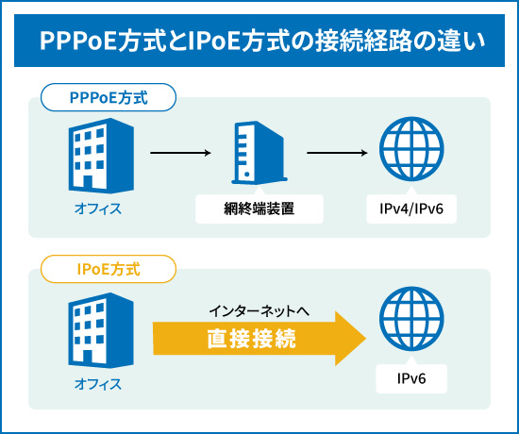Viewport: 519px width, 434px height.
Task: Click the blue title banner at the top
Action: point(259,42)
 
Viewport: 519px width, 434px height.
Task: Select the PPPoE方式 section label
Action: point(109,97)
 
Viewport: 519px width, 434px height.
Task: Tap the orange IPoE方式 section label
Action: point(109,269)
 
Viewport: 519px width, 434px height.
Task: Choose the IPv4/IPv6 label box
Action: point(410,209)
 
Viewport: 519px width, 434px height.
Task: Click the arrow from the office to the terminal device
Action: point(179,152)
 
